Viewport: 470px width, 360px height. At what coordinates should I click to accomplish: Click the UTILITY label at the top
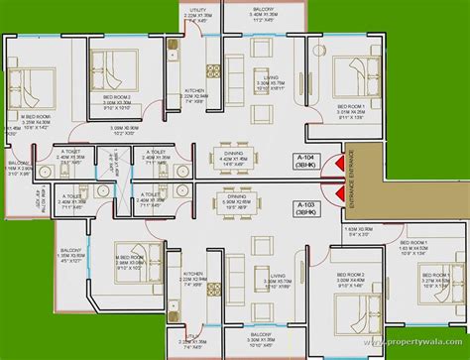[x=198, y=10]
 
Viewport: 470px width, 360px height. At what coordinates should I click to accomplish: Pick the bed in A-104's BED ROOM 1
[x=349, y=77]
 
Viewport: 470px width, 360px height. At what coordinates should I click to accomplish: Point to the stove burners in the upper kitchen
[x=209, y=70]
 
